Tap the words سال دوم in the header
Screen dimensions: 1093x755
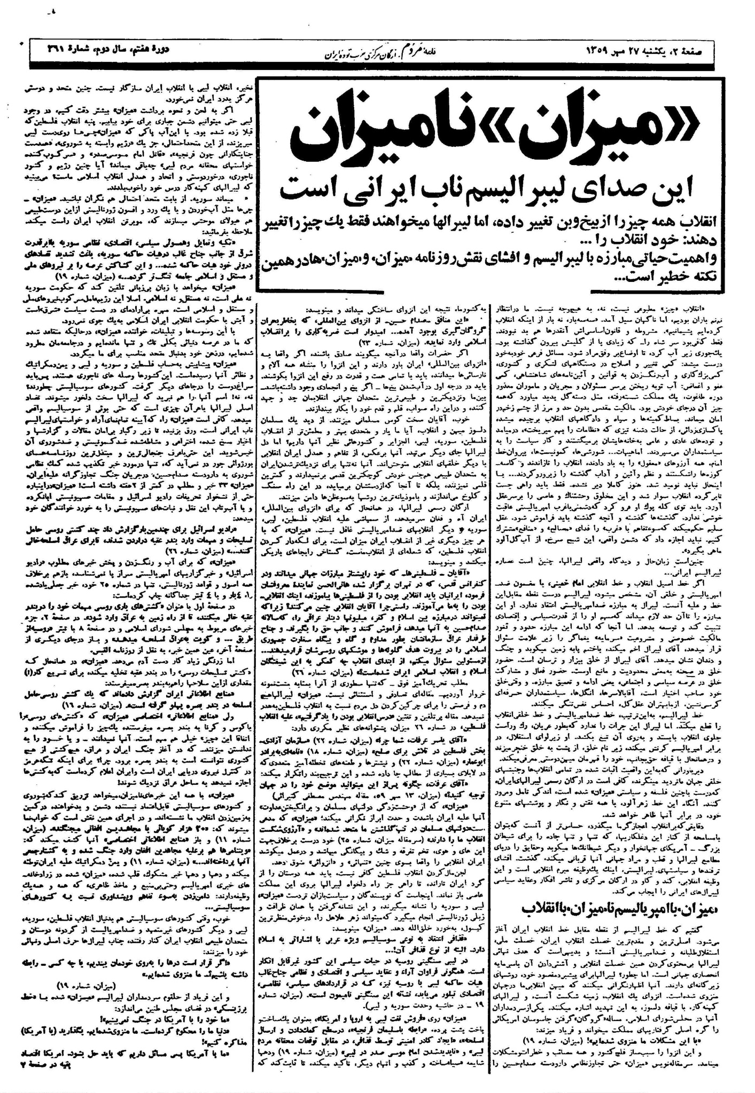point(116,51)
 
